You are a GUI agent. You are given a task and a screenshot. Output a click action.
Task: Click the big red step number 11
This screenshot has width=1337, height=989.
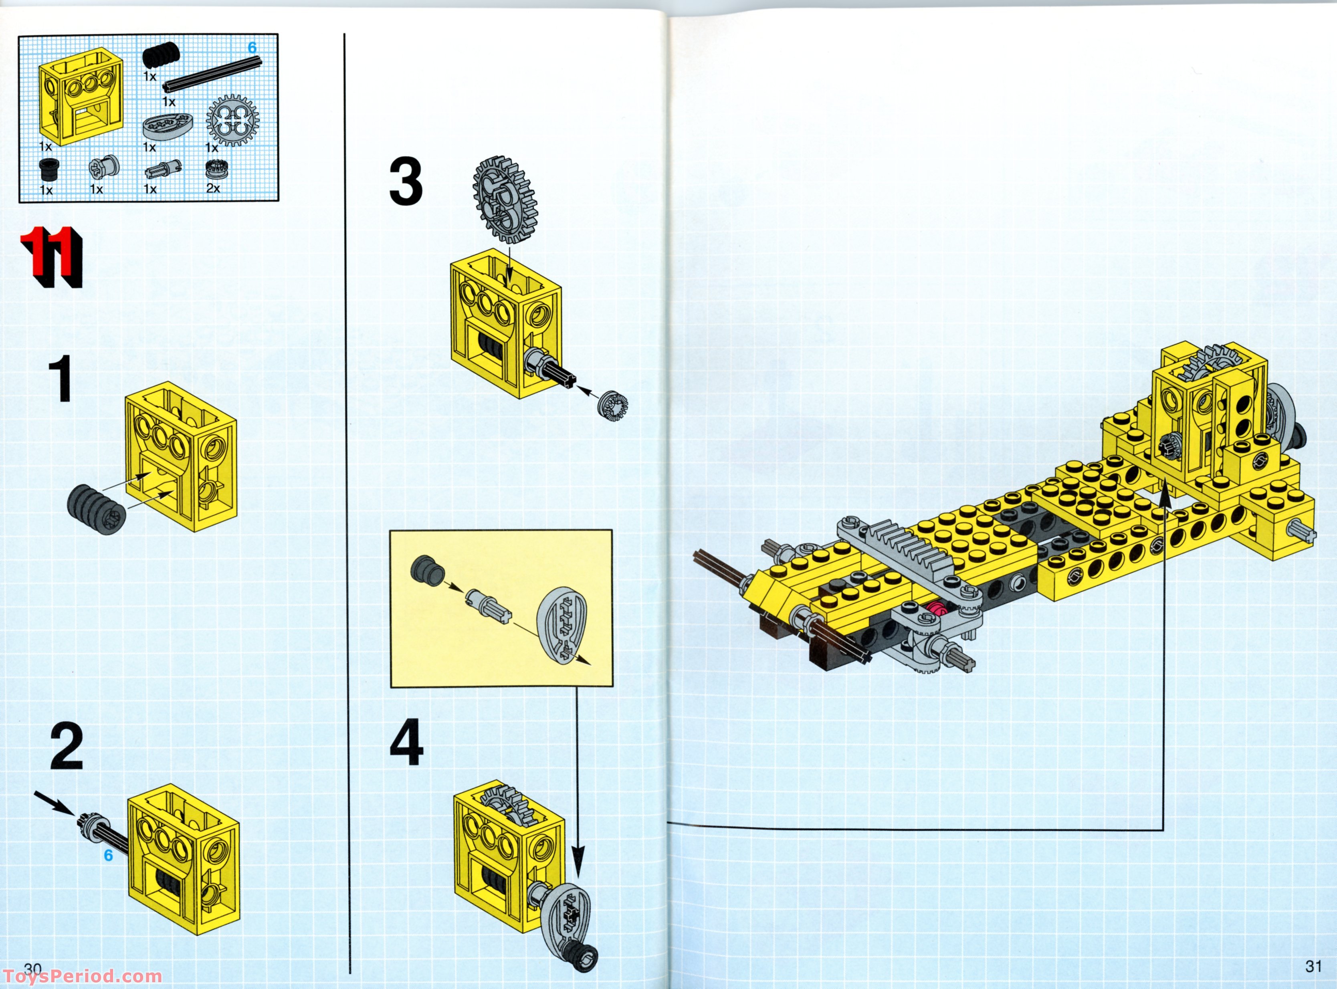(x=51, y=257)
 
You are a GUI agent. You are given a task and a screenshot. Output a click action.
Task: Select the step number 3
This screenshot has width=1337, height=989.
(x=406, y=182)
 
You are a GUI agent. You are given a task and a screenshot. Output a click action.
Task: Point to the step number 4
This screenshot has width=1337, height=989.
(x=406, y=743)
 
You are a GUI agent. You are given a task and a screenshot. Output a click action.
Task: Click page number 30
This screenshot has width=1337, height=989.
(x=33, y=969)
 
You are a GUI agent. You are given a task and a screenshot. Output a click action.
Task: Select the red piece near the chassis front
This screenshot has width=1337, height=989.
(x=937, y=610)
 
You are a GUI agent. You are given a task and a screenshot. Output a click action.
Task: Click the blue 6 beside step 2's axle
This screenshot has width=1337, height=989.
(x=108, y=855)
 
